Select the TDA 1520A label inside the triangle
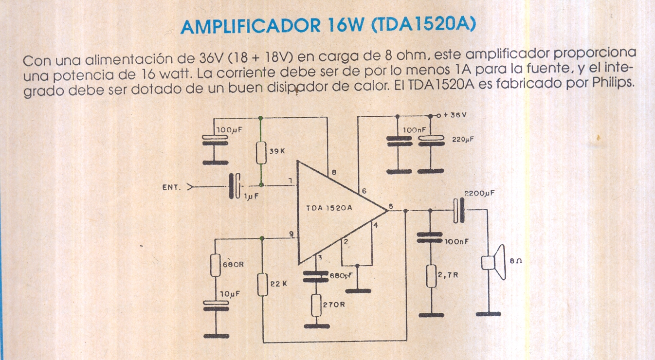329,208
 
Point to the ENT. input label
171,186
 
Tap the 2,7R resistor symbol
431,276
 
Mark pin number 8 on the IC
334,172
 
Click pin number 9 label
291,234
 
